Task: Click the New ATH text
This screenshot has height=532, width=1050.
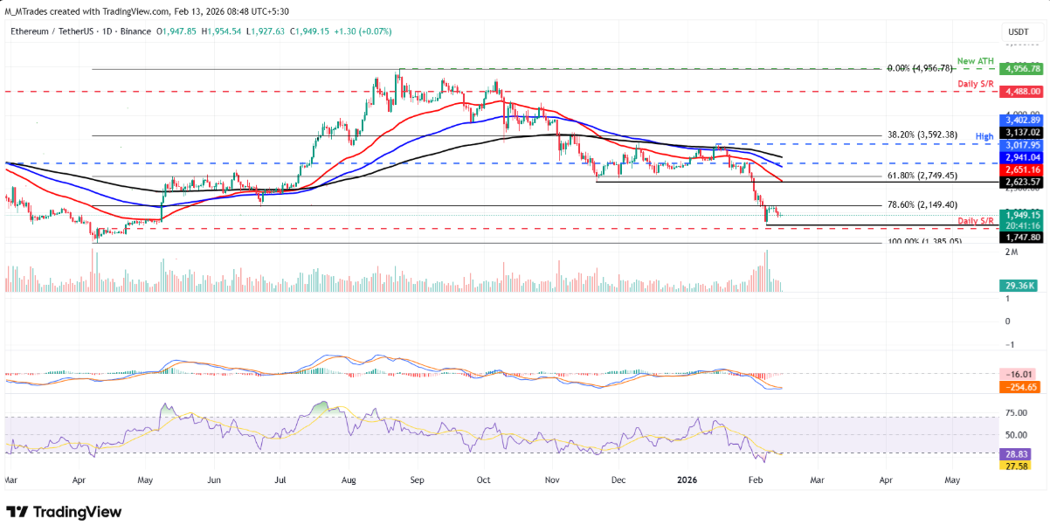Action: [976, 60]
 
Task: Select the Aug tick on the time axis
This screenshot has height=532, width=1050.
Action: [349, 480]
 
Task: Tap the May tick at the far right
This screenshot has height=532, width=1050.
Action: [952, 480]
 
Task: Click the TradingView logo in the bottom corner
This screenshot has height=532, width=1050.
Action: [64, 512]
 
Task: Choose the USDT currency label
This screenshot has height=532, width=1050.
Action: [1018, 31]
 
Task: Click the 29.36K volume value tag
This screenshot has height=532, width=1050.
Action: [1018, 285]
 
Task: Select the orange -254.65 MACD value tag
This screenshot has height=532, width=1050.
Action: [1018, 386]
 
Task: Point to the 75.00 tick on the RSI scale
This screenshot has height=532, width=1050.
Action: [1016, 412]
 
